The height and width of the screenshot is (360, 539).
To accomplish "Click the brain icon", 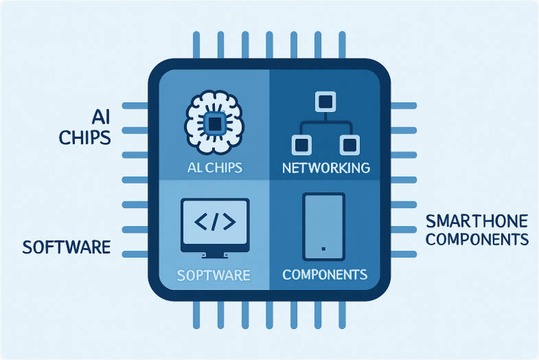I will click(x=215, y=124).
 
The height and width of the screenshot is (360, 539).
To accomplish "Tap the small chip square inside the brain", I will click(x=215, y=124).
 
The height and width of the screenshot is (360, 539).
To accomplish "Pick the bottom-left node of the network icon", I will click(x=300, y=144).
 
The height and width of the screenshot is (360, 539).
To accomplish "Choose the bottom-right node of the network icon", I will click(x=348, y=144).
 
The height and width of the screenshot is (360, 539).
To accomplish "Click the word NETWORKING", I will click(x=326, y=168).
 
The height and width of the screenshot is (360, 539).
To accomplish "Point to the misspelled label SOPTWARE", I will click(x=214, y=275).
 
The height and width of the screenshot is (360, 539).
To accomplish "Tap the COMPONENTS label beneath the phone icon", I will click(x=325, y=275).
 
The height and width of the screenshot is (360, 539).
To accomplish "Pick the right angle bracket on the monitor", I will click(x=228, y=221).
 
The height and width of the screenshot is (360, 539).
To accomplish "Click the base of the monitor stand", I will click(x=214, y=257).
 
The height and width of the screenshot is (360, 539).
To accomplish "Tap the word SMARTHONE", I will click(x=477, y=221).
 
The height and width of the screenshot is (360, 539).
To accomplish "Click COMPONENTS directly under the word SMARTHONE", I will click(x=477, y=239).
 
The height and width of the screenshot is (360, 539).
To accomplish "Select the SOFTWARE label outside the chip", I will click(x=66, y=247).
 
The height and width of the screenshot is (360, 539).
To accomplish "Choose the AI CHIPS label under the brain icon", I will click(x=214, y=168).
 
